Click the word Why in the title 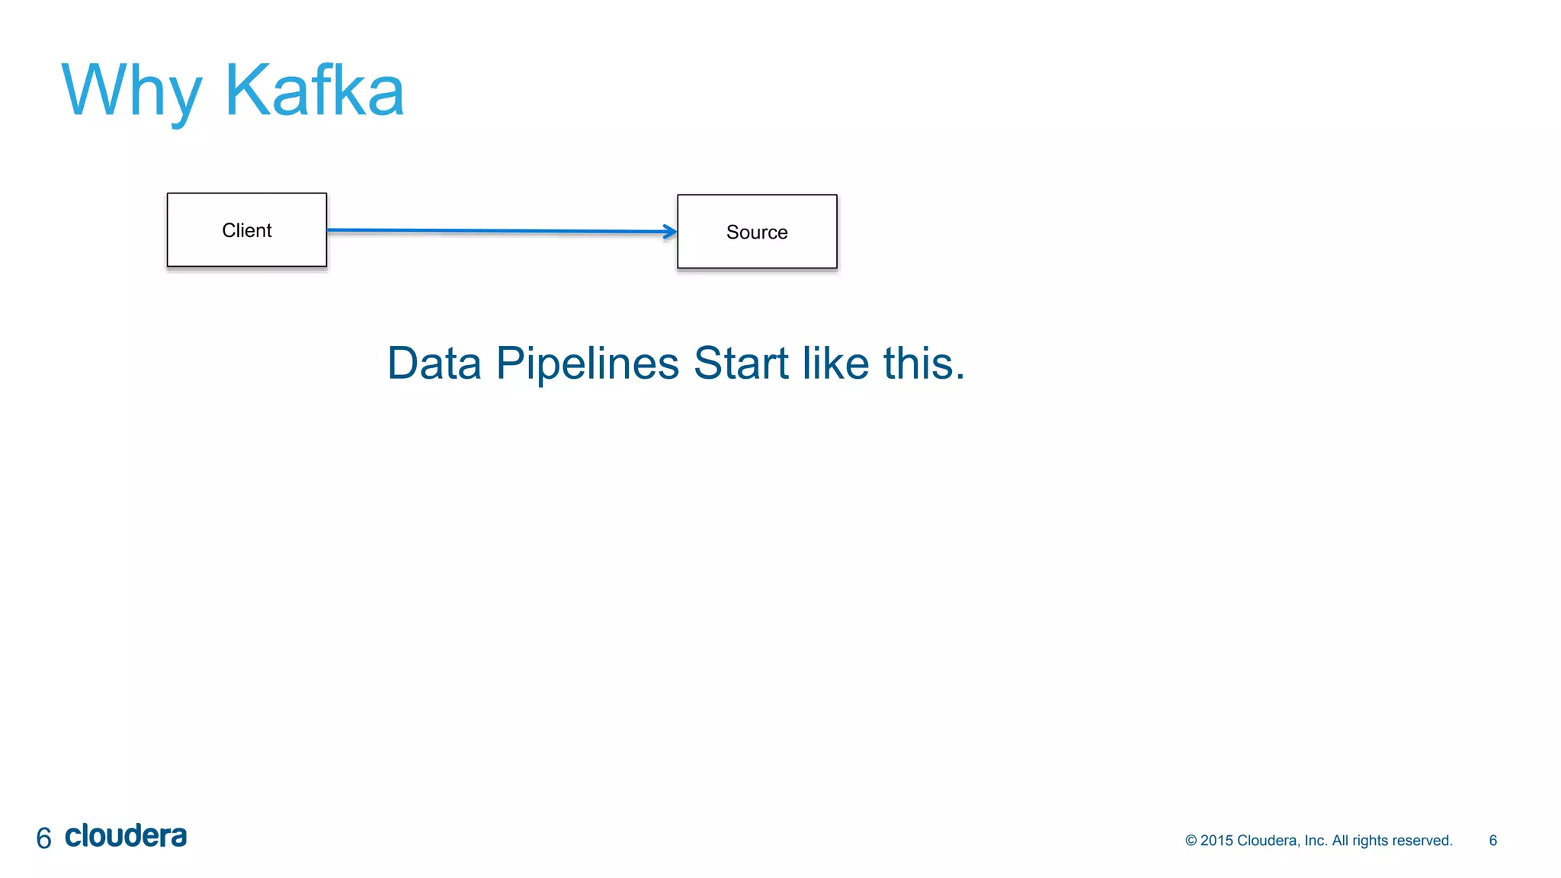coord(131,91)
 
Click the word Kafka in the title coord(314,91)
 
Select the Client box coord(247,230)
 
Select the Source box coord(757,232)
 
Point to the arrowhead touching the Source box coord(670,232)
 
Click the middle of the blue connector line coord(502,230)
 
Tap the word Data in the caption coord(434,363)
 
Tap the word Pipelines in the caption coord(587,363)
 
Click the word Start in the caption coord(740,363)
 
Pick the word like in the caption coord(835,363)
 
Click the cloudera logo coord(126,836)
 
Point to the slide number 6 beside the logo coord(43,838)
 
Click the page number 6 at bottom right coord(1492,840)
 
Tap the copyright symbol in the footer coord(1191,840)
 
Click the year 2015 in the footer coord(1216,840)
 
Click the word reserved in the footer coord(1424,840)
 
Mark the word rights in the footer coord(1370,840)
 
